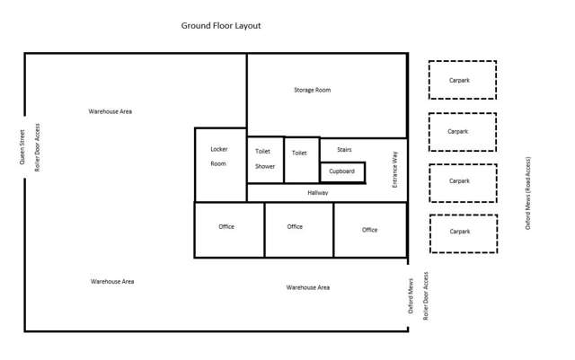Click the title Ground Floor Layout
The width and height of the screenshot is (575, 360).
[221, 26]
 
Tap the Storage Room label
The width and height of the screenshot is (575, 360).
[312, 90]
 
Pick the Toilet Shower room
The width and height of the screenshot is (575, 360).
[265, 160]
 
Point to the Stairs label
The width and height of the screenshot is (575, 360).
[344, 149]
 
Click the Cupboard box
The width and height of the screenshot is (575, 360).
[342, 171]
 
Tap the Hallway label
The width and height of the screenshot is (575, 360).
[318, 193]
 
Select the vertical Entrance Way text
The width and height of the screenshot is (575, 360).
[394, 169]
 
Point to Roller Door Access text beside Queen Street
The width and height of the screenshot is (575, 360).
[38, 148]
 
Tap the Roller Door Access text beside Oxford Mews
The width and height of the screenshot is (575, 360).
[426, 295]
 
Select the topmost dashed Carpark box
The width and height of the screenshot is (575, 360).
[462, 80]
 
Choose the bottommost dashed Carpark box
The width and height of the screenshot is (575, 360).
[462, 233]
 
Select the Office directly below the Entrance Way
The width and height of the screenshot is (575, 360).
[370, 230]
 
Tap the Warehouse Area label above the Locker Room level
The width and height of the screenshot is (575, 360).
[111, 111]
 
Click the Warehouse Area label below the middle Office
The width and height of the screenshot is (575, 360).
[307, 287]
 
